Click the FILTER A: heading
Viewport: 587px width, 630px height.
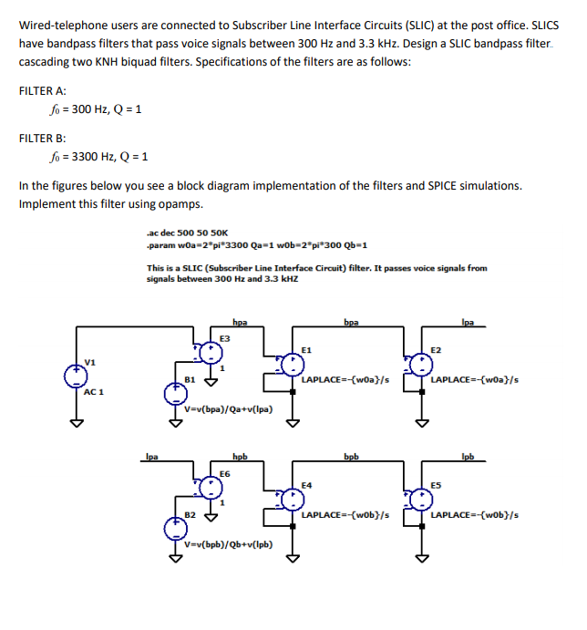[42, 91]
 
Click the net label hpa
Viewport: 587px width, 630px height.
[240, 322]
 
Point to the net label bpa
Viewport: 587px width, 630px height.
[351, 322]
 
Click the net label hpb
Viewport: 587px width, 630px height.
[240, 456]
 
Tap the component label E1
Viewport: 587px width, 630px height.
[307, 349]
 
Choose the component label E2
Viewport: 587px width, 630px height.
[436, 349]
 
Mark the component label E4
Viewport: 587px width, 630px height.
[307, 485]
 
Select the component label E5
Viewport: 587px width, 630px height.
[436, 485]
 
